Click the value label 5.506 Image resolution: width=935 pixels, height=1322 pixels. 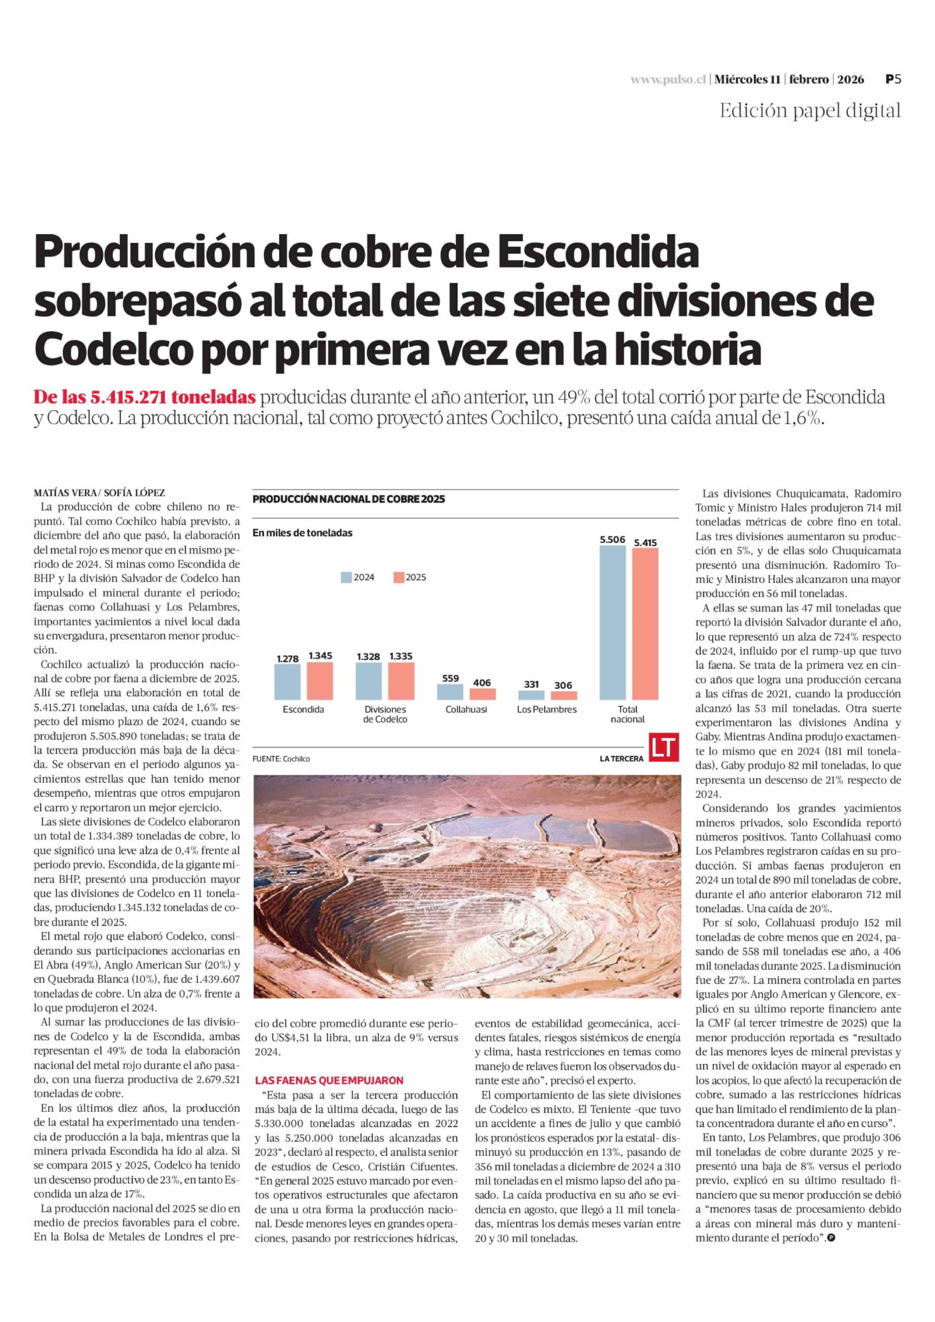point(612,540)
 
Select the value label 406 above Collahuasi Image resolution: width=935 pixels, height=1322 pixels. point(482,683)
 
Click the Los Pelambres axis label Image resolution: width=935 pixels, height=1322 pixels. point(546,709)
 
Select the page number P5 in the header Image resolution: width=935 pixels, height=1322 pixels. point(892,79)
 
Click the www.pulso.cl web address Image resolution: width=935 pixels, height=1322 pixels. point(668,80)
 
